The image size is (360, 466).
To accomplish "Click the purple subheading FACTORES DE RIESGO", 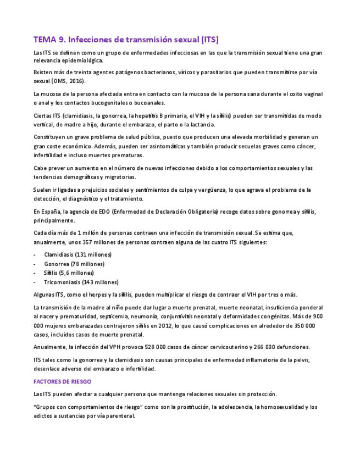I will click(x=62, y=381).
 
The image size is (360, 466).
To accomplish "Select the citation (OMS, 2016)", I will click(x=63, y=81).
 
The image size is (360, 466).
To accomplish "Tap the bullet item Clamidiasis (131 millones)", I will click(x=77, y=254).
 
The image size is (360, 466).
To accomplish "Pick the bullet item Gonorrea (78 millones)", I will click(x=74, y=264).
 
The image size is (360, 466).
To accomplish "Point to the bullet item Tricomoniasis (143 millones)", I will click(x=81, y=282).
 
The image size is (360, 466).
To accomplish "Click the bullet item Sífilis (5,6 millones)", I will click(x=69, y=273).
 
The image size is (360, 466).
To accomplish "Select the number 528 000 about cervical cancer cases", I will click(x=156, y=347).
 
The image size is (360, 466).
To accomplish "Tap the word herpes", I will click(x=96, y=295).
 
